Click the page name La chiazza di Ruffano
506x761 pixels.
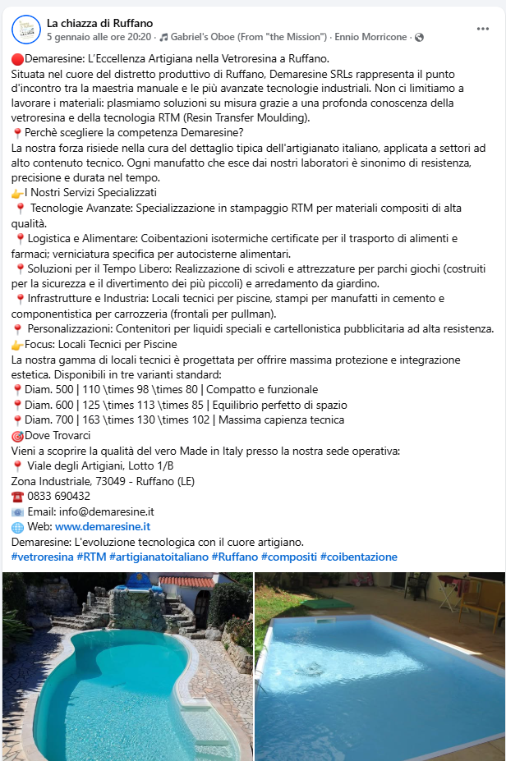(x=99, y=23)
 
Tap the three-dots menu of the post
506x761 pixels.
(x=483, y=29)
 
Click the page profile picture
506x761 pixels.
(x=27, y=30)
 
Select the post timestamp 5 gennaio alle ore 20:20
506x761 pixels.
(x=99, y=37)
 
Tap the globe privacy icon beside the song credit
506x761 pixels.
(x=419, y=37)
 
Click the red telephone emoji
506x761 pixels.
(x=17, y=497)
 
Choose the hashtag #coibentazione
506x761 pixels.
(x=358, y=557)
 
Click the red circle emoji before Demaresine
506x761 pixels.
(x=17, y=59)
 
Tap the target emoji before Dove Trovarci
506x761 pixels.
(x=17, y=436)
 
